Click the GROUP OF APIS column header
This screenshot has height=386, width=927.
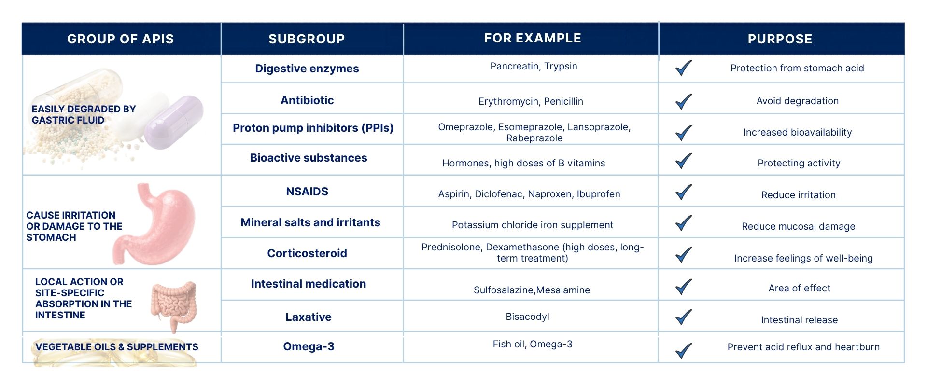coord(120,39)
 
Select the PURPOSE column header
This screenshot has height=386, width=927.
coord(780,39)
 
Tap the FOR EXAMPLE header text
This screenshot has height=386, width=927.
coord(533,38)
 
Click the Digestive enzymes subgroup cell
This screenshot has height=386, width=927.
coord(307,69)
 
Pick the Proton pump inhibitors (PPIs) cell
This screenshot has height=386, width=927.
coord(313,128)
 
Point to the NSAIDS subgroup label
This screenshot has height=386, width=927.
coord(307,192)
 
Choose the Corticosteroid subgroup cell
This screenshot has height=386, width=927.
coord(307,253)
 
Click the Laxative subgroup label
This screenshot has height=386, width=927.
coord(309,317)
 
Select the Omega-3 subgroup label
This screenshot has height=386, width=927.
coord(309,346)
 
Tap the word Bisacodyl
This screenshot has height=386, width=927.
coord(527,317)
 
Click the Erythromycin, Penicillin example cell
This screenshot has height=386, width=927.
coord(531,101)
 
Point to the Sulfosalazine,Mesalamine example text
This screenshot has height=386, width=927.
coord(532,290)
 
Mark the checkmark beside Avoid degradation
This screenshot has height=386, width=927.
coord(684,101)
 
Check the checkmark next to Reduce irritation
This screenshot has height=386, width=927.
coord(684,192)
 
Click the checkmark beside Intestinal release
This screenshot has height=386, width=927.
coord(684,317)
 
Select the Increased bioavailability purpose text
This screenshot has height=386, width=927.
coord(798,132)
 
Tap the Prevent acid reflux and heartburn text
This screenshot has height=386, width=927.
coord(803,347)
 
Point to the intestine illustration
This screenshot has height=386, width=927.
coord(174,305)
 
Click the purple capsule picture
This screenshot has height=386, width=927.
coord(174,122)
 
